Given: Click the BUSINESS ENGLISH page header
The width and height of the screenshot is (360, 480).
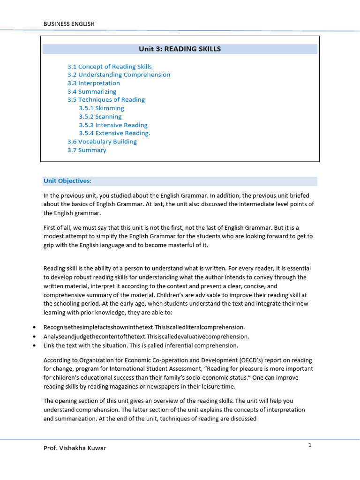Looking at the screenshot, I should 69,24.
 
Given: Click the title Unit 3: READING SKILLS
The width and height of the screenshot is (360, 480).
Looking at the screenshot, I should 180,49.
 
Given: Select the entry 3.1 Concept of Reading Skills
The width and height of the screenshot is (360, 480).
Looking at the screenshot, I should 109,67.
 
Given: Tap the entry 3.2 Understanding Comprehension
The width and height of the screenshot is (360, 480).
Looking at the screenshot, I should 119,75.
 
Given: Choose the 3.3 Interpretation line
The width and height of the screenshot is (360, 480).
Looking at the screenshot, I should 93,83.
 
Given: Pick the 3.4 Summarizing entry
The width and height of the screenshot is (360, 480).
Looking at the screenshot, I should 91,91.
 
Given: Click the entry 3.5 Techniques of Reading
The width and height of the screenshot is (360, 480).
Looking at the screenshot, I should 106,99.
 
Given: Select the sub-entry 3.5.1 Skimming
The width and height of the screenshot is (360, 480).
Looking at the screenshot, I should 101,108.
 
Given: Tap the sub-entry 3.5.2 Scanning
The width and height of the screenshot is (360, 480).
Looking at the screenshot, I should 100,116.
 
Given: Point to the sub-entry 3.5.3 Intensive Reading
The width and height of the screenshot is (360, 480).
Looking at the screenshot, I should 113,125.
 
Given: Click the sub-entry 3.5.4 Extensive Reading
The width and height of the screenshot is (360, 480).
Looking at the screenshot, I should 114,133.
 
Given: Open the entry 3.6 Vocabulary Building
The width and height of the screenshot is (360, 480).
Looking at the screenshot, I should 102,142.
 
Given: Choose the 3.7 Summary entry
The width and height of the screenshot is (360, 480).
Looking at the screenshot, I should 87,150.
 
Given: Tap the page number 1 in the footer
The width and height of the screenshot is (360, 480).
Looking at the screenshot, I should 310,445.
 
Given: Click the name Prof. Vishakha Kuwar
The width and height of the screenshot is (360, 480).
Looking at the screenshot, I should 75,448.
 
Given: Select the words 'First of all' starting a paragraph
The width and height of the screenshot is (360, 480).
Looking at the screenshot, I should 58,228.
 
